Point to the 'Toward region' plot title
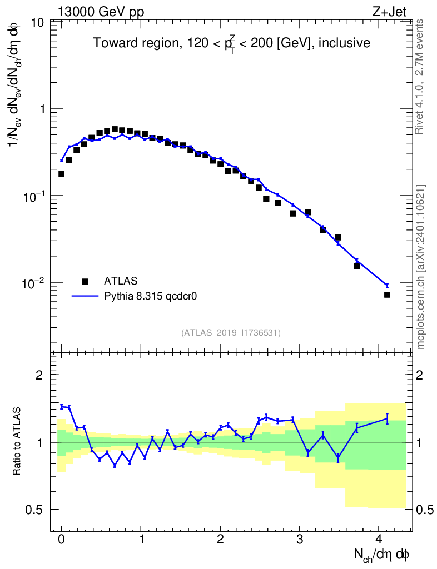tap(232, 43)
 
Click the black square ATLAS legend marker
tap(85, 281)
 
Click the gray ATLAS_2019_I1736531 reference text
tap(231, 332)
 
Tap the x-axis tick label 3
tap(300, 539)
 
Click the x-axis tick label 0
tap(61, 539)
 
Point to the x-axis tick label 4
tap(379, 539)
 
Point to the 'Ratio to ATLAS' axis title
tap(17, 442)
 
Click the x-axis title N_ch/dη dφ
tap(383, 554)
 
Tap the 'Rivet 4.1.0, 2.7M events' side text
tap(420, 76)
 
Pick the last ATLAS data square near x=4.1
tap(387, 295)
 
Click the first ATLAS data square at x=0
tap(61, 174)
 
